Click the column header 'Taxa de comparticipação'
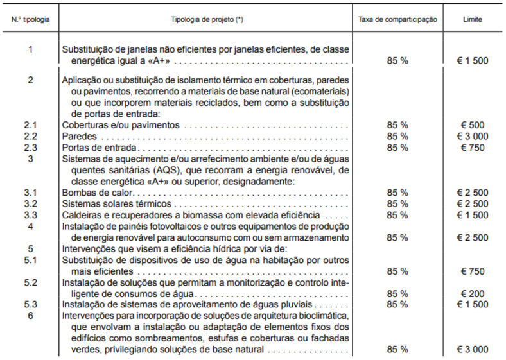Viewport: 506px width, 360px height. point(397,19)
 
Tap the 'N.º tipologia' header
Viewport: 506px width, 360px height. point(31,19)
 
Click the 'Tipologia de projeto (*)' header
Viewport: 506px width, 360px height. point(207,19)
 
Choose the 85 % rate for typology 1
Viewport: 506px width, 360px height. point(397,61)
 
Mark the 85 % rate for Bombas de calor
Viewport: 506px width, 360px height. point(397,193)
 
